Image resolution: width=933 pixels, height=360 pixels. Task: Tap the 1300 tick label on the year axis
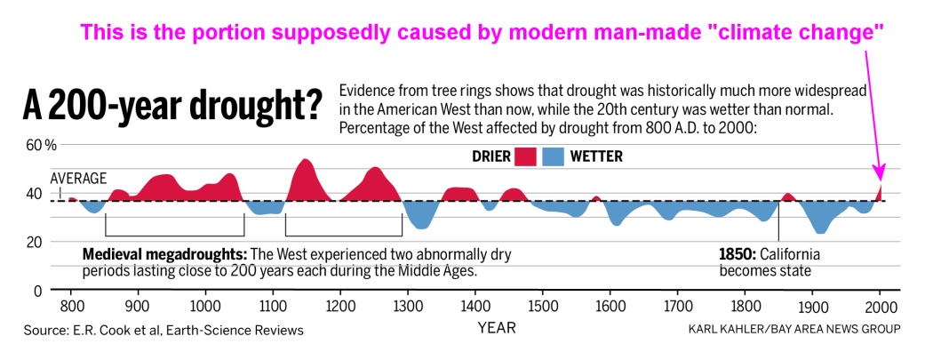(407, 307)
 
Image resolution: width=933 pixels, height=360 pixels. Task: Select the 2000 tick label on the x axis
(880, 307)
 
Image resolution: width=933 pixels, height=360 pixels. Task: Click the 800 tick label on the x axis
(70, 307)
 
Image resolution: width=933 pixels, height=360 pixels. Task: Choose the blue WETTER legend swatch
(554, 156)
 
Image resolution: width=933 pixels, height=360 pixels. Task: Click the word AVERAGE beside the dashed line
(78, 178)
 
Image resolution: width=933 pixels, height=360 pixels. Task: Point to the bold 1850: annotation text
(738, 254)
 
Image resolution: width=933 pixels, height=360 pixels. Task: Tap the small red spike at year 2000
(880, 191)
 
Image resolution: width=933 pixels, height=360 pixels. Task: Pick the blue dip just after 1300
(421, 218)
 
